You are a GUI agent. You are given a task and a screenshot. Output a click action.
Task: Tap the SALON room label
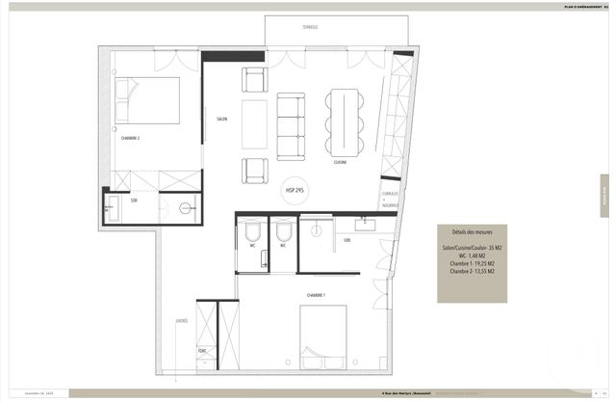221,119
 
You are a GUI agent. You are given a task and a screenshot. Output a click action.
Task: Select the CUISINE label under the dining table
340,163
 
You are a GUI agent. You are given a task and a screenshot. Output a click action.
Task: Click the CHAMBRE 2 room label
130,138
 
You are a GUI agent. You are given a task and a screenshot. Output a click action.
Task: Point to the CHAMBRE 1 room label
316,294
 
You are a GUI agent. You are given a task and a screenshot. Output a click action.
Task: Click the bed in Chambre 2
147,100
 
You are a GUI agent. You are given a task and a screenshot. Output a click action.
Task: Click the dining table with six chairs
344,122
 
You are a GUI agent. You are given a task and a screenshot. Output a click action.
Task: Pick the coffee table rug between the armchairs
255,125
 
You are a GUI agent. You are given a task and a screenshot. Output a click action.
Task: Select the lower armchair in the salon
255,171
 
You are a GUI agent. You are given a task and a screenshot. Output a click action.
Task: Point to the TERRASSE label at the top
308,27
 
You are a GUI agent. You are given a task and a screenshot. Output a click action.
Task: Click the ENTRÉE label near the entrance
181,321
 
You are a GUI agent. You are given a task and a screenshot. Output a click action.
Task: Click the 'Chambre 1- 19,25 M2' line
472,264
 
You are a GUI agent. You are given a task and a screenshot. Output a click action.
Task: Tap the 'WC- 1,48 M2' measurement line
472,255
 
